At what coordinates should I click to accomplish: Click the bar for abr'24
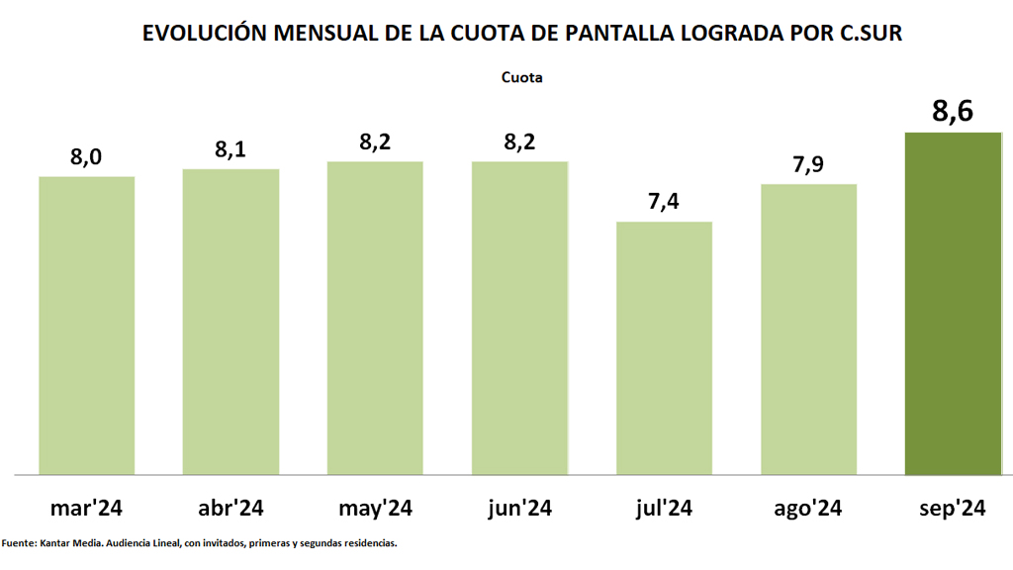(231, 322)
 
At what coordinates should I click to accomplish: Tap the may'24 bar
(376, 318)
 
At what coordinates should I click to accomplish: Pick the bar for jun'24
(520, 318)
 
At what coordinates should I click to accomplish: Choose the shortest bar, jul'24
(665, 347)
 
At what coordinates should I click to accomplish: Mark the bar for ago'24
(809, 329)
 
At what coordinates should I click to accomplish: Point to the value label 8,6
(954, 111)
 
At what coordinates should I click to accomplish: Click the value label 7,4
(665, 202)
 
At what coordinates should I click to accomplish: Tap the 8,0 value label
(87, 156)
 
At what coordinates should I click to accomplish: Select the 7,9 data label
(809, 164)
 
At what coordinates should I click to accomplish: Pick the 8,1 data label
(231, 149)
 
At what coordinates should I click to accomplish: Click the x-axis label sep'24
(954, 509)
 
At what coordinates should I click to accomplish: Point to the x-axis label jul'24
(665, 509)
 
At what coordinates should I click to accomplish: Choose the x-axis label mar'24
(87, 509)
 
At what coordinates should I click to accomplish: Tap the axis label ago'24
(809, 509)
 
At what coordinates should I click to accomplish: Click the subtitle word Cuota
(522, 76)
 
